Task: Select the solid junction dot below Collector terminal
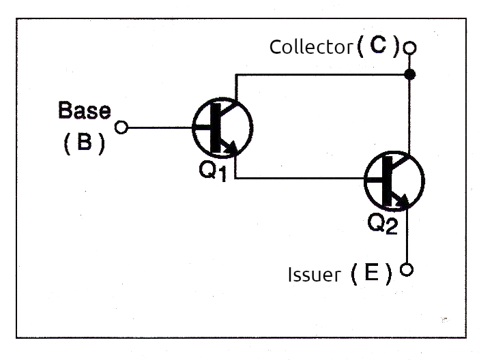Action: pos(409,74)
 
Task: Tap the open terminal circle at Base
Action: pos(122,127)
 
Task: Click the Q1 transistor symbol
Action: pos(222,127)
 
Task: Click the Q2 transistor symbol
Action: pos(394,180)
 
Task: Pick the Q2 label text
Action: pos(382,224)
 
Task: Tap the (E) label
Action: pos(371,274)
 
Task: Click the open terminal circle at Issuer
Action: pos(407,269)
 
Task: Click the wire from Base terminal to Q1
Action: pos(160,127)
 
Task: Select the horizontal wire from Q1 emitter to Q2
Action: pos(300,179)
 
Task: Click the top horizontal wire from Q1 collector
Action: pos(321,74)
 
